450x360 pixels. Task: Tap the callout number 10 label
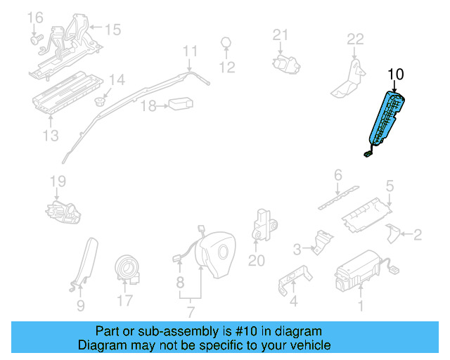click(x=396, y=74)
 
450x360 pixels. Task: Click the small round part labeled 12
click(x=226, y=43)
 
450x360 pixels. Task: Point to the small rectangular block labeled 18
click(x=179, y=104)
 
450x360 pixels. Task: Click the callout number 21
click(x=281, y=35)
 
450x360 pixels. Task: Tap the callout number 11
click(x=191, y=51)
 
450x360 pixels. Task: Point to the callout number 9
click(x=80, y=305)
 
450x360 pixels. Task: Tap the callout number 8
click(x=180, y=283)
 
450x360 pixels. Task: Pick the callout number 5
click(x=389, y=186)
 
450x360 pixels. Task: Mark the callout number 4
click(x=294, y=302)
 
